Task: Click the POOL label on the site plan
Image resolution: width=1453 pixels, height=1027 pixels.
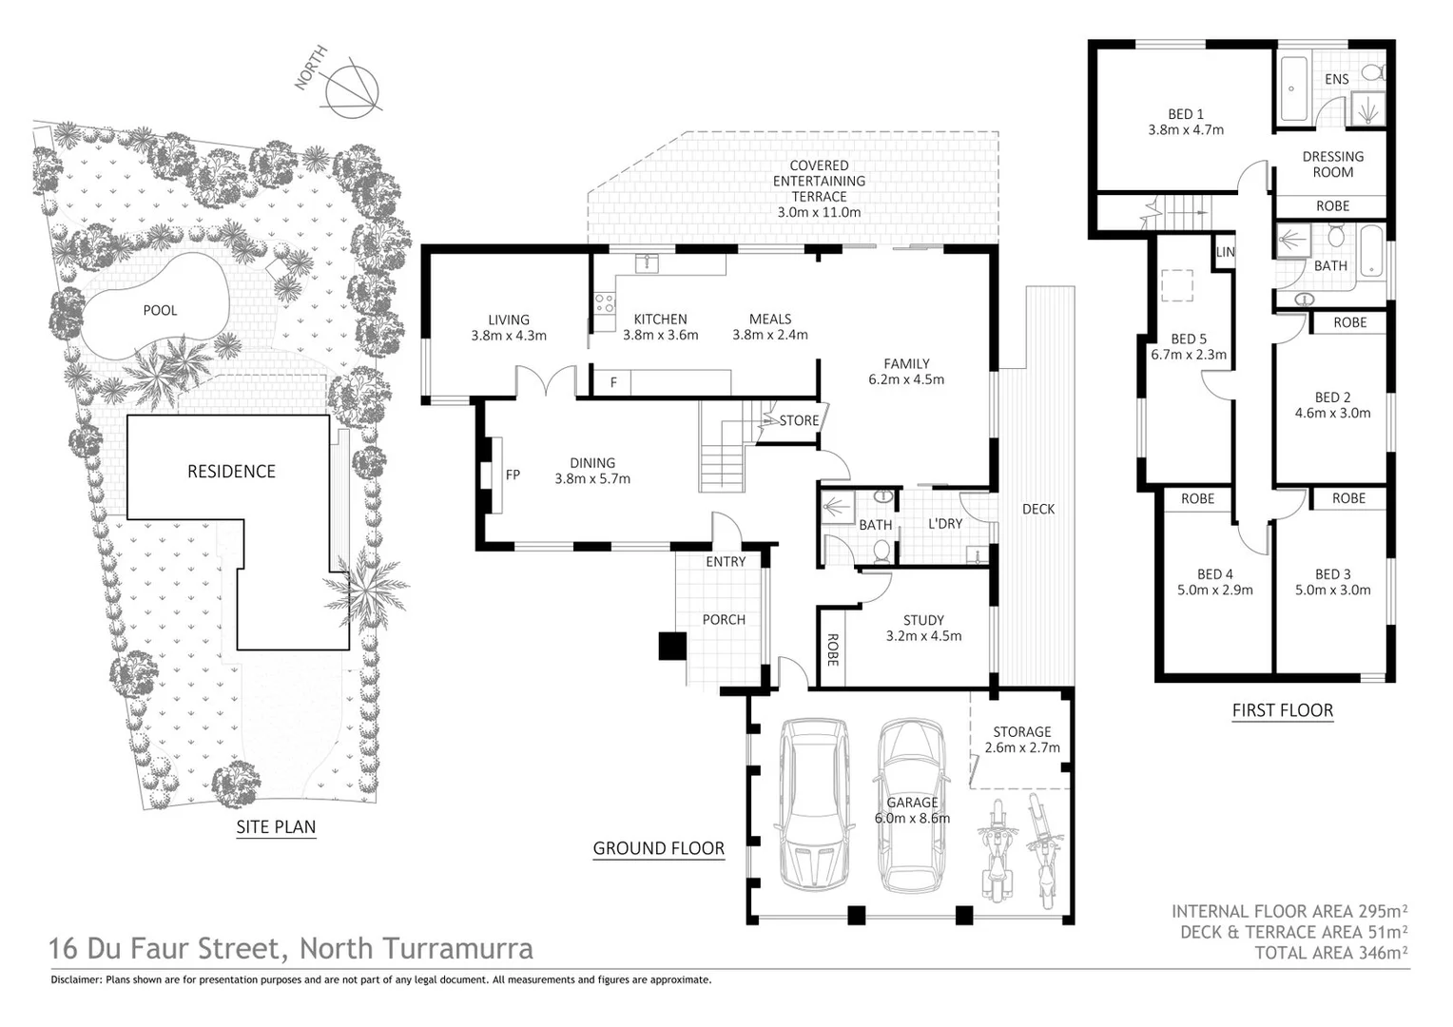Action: coord(160,310)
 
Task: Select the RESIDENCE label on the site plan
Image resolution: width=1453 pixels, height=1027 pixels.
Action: coord(231,472)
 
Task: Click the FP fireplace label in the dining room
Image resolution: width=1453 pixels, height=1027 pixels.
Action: coord(513,475)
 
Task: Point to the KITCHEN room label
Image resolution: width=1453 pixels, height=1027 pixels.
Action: coord(660,320)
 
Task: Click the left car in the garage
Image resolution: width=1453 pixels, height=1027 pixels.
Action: coord(814,804)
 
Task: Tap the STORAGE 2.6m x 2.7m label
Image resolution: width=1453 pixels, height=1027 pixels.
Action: coord(1022,740)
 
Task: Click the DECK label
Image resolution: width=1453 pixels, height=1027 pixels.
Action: coord(1038,509)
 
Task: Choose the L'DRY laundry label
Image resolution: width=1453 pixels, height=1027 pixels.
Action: coord(945,524)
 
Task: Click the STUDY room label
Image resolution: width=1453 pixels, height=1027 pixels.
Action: coord(923,620)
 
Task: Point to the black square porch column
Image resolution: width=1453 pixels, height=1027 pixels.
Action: coord(672,647)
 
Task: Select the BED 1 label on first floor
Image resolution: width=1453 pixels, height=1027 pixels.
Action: coord(1186,114)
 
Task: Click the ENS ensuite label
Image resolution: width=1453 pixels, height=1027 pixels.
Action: coord(1336,79)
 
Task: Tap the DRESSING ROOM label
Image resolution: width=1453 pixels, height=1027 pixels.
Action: coord(1332,165)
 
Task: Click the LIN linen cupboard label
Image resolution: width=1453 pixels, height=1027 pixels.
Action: coord(1225,252)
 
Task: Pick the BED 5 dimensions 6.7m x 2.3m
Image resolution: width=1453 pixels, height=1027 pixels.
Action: coord(1189,355)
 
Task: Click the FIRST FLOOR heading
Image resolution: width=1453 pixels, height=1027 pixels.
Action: coord(1282,710)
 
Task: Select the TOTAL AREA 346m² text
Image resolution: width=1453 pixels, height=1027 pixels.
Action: coord(1330,952)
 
